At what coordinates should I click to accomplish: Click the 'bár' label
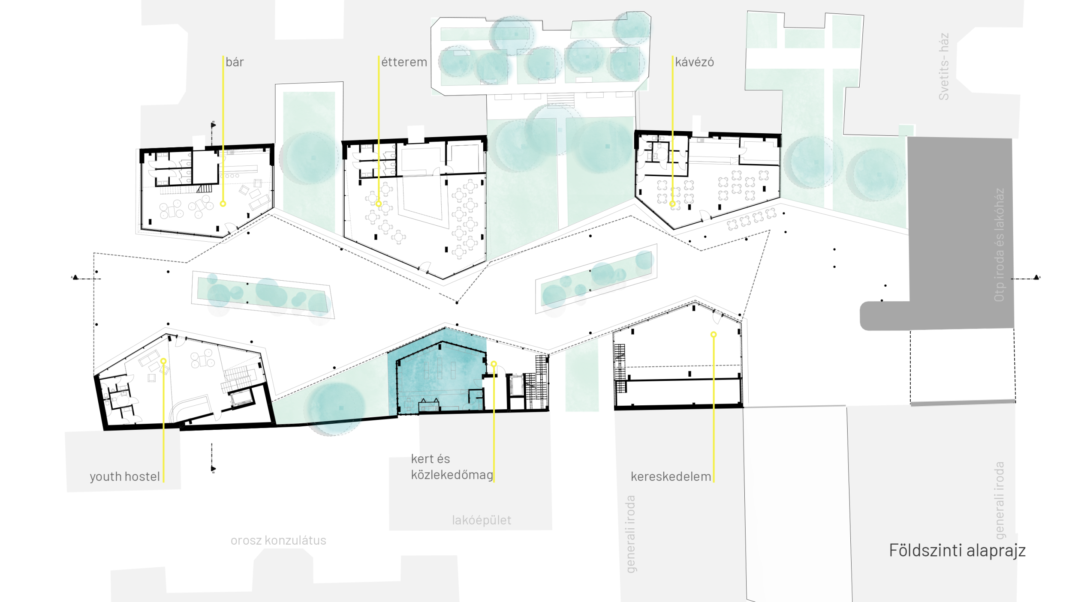pos(235,62)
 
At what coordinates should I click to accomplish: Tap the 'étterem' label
pos(404,62)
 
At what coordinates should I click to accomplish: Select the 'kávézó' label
pos(694,62)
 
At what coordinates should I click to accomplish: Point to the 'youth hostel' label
pos(125,476)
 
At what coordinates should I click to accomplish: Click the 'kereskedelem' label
pos(671,476)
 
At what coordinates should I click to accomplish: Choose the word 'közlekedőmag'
pos(452,475)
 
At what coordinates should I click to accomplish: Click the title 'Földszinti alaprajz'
pos(957,550)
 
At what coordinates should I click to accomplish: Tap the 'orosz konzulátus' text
pos(278,540)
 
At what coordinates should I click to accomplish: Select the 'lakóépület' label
pos(482,520)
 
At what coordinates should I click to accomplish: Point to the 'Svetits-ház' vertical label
pos(944,66)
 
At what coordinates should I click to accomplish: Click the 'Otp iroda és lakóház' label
pos(999,245)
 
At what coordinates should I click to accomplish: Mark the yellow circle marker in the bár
pos(223,204)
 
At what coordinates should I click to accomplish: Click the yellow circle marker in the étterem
pos(379,204)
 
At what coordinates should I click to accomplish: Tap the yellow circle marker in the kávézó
pos(672,204)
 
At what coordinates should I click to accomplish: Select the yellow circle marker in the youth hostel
pos(163,361)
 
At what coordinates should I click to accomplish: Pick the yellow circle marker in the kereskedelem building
pos(714,334)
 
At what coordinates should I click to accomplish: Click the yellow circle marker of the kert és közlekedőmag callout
pos(494,364)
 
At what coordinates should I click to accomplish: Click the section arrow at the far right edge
pos(1036,277)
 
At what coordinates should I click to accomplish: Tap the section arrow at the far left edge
pos(75,277)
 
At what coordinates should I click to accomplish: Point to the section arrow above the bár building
pos(213,125)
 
